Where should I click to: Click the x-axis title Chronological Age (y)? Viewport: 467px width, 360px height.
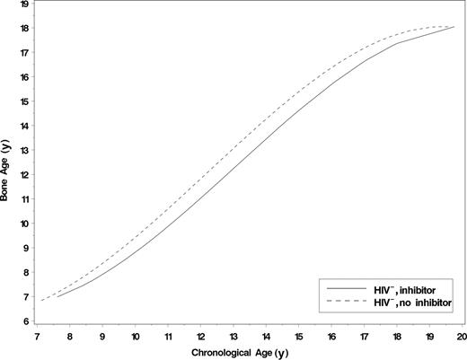[x=247, y=350]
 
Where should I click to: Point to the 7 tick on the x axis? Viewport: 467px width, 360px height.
[x=37, y=335]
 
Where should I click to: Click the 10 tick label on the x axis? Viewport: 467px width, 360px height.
[x=135, y=335]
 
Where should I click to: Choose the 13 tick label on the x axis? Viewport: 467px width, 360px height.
[x=233, y=335]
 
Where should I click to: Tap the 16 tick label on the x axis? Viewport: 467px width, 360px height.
[x=331, y=335]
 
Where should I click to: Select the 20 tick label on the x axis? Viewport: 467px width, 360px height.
[x=462, y=335]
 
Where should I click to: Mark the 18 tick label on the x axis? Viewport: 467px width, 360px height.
[x=397, y=335]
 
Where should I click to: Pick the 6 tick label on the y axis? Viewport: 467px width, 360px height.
[x=24, y=321]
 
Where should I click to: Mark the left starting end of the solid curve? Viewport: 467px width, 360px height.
[x=57, y=296]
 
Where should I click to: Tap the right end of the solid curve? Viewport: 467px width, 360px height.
[x=454, y=28]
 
